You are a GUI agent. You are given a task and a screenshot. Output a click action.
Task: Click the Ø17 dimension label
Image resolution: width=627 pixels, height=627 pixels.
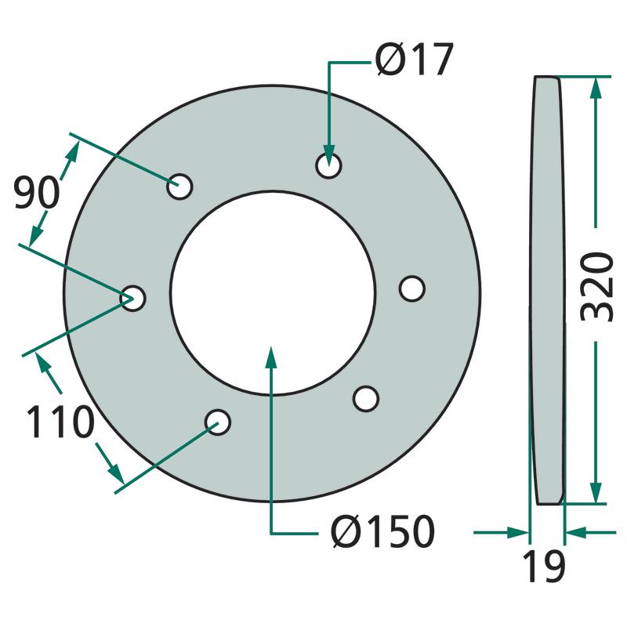415,59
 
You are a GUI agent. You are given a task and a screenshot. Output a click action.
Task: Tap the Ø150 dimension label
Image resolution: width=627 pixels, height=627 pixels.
382,531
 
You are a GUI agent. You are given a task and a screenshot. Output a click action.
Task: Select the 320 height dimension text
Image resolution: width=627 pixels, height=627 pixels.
596,287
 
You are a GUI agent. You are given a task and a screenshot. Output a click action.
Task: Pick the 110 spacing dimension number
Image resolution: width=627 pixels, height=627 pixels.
60,422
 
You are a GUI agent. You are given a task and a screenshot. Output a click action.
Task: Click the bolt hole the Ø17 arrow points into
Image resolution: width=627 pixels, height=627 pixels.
328,165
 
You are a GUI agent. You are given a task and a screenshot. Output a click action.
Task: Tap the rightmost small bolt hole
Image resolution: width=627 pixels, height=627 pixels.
412,288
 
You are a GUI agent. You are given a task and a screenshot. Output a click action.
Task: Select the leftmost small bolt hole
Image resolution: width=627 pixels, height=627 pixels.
132,299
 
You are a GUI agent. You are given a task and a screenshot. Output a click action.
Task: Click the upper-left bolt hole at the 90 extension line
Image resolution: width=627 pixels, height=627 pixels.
179,187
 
